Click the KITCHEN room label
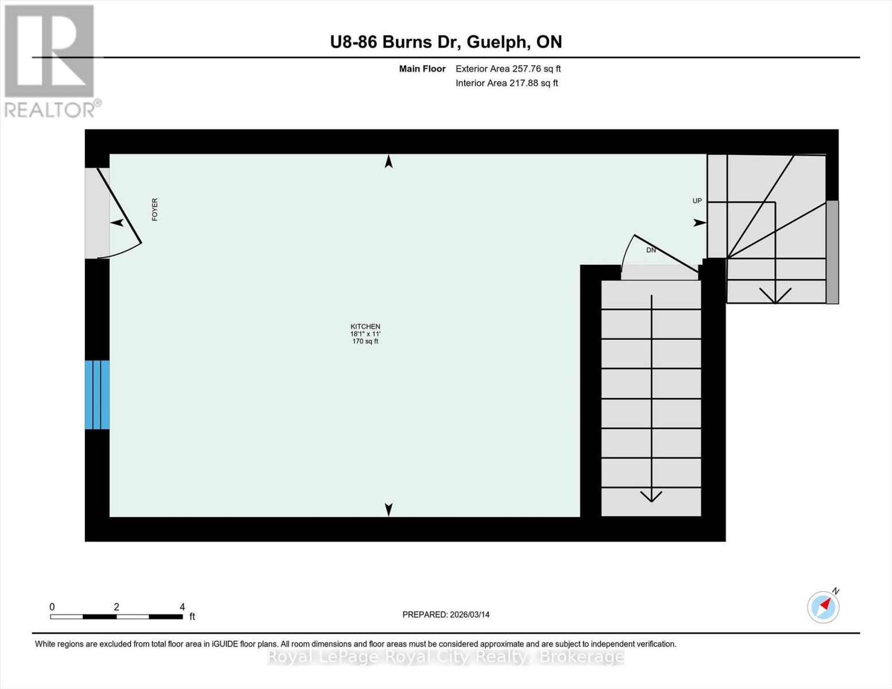point(365,326)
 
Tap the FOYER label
point(155,210)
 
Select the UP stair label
point(697,201)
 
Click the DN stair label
point(651,250)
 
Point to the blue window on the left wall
point(97,394)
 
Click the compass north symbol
point(824,606)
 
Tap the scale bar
point(116,617)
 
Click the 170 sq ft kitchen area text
point(365,342)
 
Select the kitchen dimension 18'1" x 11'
point(365,334)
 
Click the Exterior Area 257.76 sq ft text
point(508,69)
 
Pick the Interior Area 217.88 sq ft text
point(507,83)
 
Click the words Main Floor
point(422,69)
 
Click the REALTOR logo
point(51,60)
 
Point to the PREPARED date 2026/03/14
point(446,614)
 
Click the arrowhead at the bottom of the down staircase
point(651,496)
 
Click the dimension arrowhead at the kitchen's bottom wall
point(389,509)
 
